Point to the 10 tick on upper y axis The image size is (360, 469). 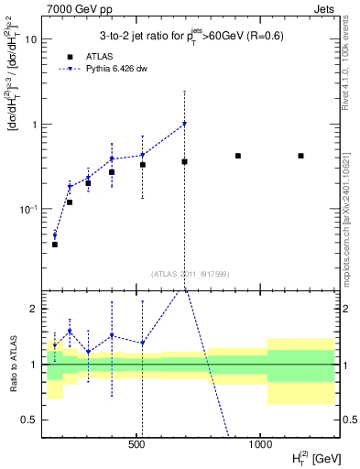tap(34, 39)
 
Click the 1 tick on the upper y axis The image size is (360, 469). tap(36, 125)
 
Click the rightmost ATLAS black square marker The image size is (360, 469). tap(300, 156)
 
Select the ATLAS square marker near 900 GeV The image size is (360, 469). tap(238, 156)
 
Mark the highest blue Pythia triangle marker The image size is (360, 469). tap(184, 124)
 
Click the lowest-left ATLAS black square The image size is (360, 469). tap(55, 245)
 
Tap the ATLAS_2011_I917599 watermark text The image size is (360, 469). tap(191, 272)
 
